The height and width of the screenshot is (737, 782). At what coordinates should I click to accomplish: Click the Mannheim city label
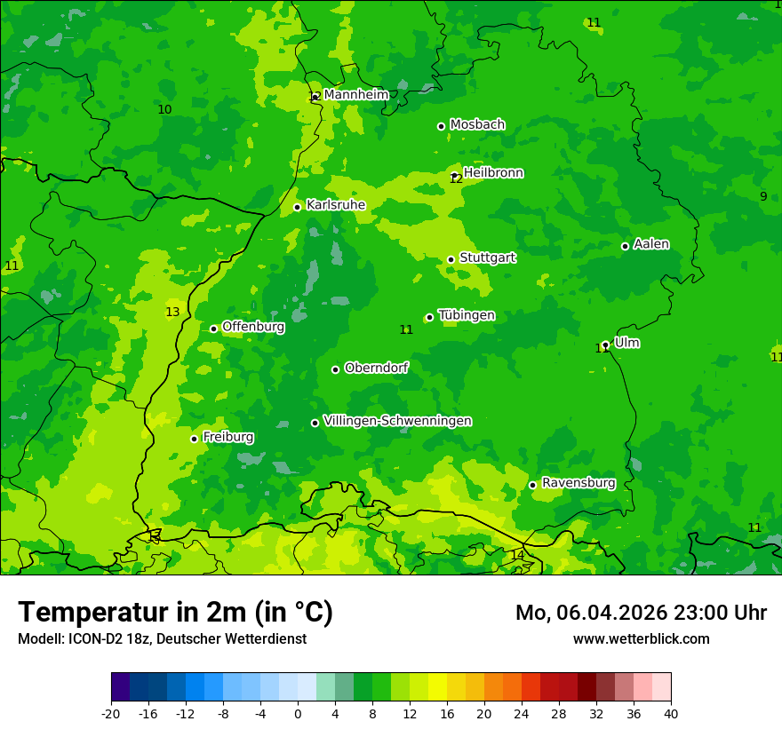355,94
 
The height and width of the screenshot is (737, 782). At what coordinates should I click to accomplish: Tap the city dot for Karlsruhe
298,208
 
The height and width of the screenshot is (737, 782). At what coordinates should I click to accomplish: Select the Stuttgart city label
487,258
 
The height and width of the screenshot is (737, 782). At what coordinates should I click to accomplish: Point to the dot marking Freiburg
194,439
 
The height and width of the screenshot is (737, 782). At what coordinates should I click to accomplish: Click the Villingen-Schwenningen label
397,421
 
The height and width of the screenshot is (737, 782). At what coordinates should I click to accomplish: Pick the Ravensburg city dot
532,485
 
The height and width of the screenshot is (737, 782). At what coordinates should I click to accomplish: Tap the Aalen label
651,244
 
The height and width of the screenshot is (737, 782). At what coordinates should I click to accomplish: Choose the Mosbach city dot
441,126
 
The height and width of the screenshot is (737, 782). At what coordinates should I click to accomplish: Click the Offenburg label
253,327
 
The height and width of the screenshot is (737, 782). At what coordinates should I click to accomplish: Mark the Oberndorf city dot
335,369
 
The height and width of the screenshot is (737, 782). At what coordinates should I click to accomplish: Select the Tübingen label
467,315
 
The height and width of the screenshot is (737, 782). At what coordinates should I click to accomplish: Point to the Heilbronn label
493,173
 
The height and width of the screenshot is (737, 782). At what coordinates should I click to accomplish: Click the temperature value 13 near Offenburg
172,312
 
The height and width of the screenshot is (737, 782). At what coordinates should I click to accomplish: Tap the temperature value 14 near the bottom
517,555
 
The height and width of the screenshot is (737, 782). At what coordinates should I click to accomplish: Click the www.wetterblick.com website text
641,638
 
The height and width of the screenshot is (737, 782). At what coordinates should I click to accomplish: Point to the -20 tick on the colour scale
111,713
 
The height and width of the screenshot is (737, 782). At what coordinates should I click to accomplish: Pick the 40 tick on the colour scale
671,713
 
